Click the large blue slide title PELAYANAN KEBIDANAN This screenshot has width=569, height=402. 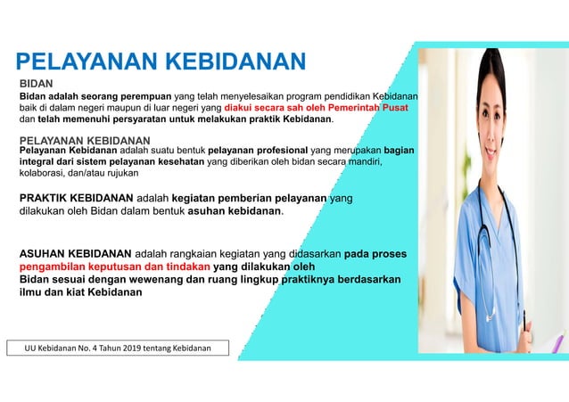coord(161,62)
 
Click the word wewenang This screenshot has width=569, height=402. coord(161,279)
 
